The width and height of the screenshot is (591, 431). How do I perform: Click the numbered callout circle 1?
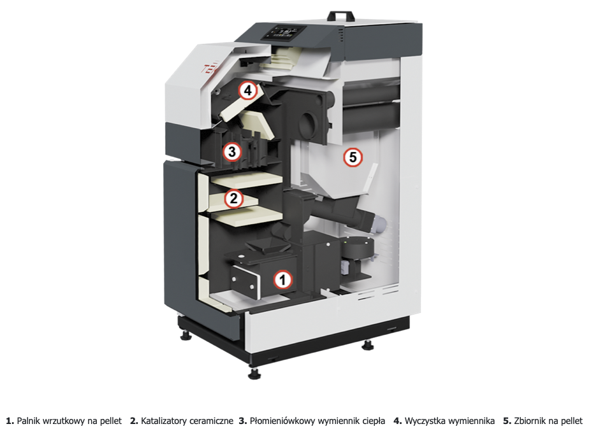(x=282, y=279)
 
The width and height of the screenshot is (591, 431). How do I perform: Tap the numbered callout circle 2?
(x=234, y=199)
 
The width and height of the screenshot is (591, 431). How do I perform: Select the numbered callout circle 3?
(x=231, y=152)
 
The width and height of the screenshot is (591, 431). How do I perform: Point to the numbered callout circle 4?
(x=247, y=90)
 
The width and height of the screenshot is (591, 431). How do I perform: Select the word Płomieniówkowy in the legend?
(x=281, y=421)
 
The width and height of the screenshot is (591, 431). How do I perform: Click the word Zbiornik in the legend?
(x=530, y=421)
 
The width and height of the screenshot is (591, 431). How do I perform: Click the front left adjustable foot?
(x=254, y=372)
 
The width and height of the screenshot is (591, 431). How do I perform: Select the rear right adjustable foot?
(x=368, y=345)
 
